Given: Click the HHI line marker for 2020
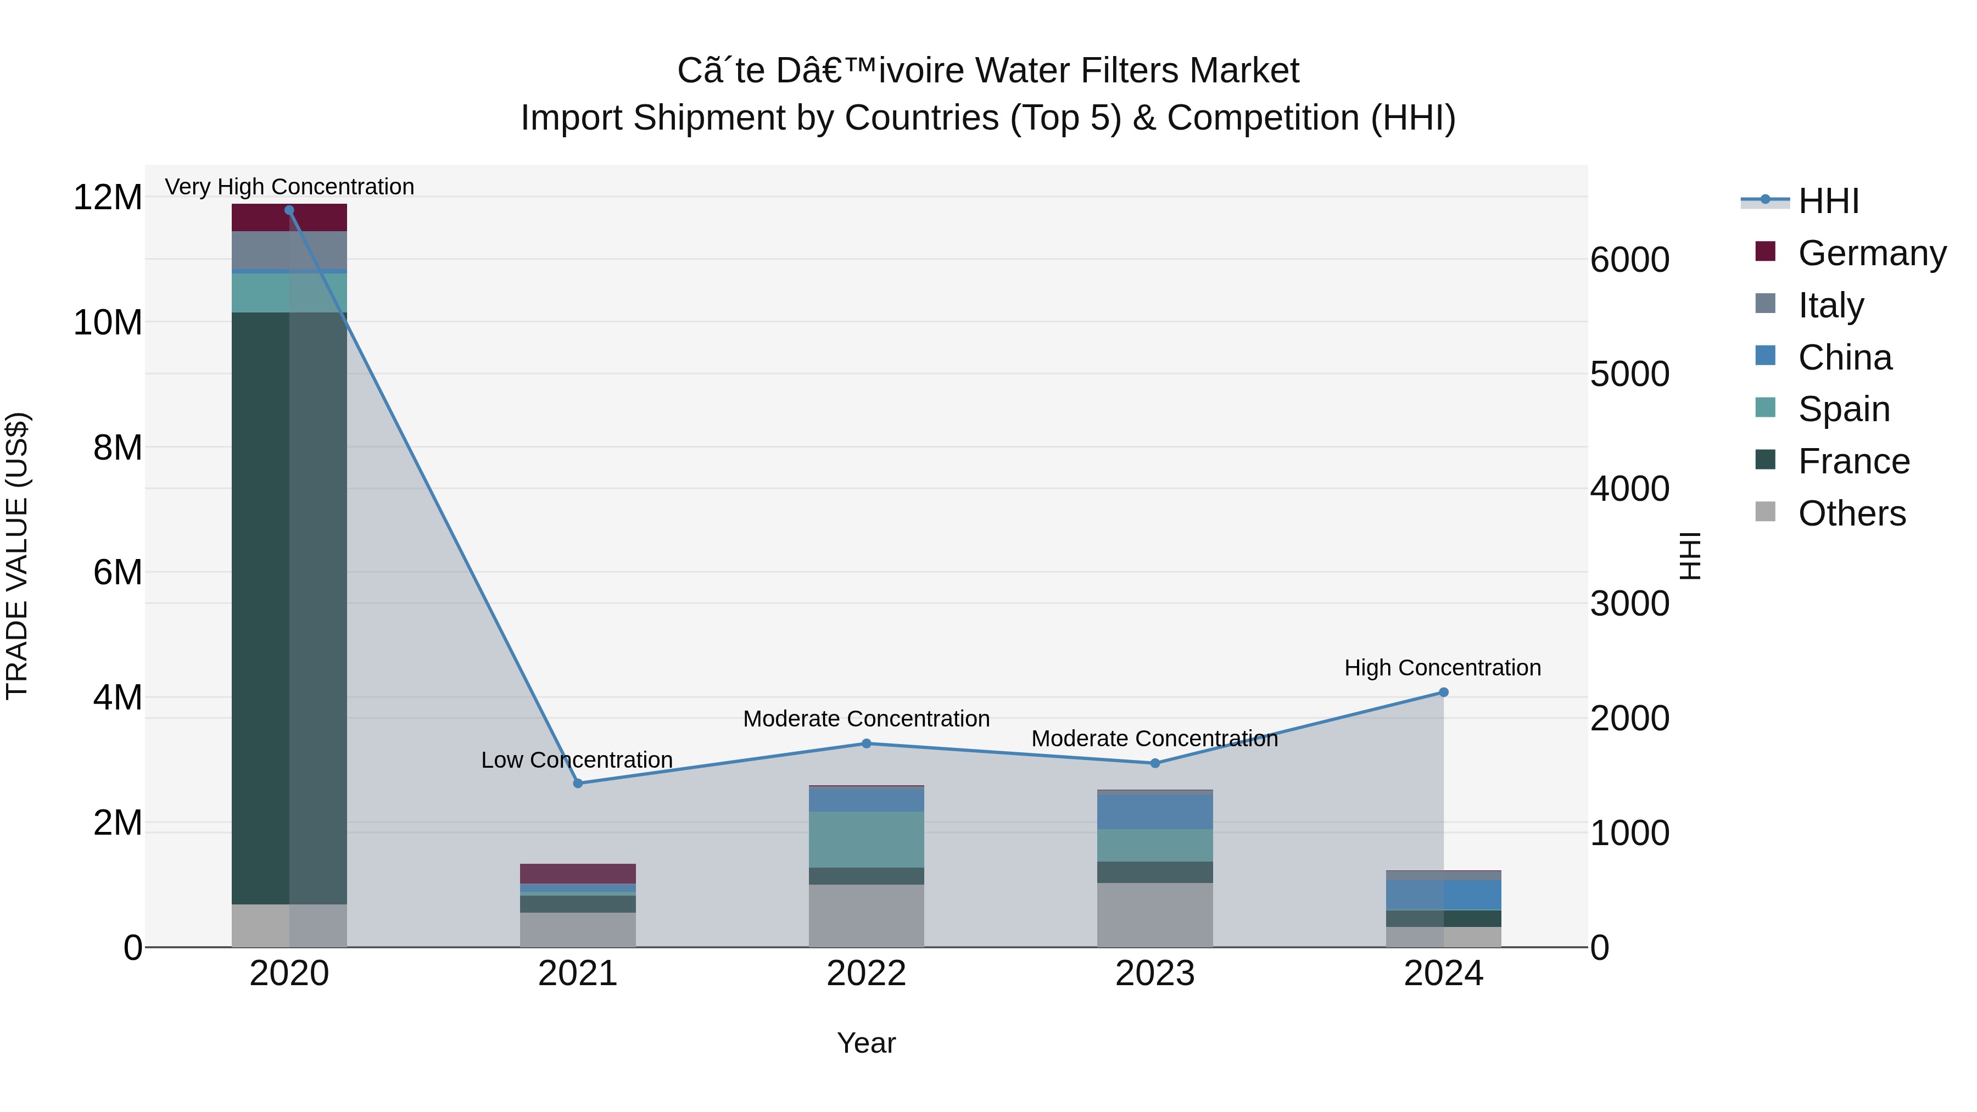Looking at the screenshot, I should (289, 210).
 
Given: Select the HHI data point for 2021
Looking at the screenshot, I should (578, 784).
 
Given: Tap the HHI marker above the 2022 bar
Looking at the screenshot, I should (867, 744).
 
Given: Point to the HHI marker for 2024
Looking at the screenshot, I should (1444, 692).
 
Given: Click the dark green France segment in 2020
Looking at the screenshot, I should (261, 606).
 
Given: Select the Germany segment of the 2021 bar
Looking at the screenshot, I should (578, 873).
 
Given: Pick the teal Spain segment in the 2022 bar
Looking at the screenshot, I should (867, 840).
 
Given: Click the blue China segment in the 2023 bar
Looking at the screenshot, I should (1155, 811).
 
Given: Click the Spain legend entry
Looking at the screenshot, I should (1844, 409).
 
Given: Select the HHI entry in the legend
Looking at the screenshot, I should (1828, 201).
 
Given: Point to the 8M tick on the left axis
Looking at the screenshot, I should (118, 448).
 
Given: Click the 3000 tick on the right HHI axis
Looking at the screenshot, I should (1629, 604).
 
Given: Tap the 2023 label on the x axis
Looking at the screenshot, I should (1155, 974).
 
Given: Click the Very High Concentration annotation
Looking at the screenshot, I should (289, 187).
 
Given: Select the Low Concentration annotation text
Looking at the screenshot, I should (577, 760).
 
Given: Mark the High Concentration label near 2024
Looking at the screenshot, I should (1443, 668).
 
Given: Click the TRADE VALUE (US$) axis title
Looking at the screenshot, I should (17, 556).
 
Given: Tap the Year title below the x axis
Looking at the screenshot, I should (867, 1043).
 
